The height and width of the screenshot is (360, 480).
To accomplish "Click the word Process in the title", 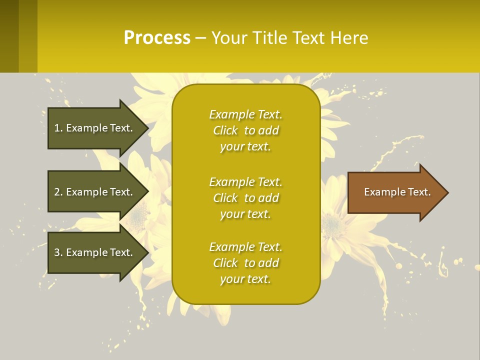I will click(x=157, y=38).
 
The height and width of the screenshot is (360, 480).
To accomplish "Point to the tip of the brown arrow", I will click(x=446, y=192).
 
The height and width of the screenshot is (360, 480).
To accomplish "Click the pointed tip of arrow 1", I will click(x=146, y=128).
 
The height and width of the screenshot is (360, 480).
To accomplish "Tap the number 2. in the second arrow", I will click(x=58, y=192).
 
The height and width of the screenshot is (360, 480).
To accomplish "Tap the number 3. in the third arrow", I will click(x=58, y=252).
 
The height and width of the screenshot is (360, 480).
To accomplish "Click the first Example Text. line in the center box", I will click(x=245, y=114).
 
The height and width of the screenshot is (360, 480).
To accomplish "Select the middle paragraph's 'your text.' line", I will click(x=245, y=214).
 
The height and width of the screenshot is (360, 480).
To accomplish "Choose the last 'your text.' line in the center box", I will click(x=245, y=279).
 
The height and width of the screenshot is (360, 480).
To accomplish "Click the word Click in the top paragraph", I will click(x=225, y=130).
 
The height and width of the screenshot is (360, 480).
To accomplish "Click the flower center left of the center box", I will click(x=139, y=215).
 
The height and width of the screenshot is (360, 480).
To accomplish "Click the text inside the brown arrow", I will click(x=397, y=192).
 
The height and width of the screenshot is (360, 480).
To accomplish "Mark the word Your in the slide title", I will click(x=229, y=38).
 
